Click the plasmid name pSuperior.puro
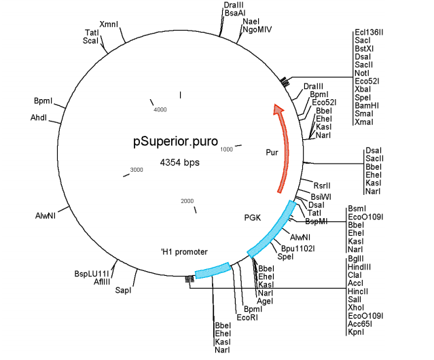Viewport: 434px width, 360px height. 175,142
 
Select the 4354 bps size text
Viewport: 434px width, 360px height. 179,163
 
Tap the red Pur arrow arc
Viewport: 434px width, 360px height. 286,149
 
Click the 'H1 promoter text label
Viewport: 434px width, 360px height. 184,251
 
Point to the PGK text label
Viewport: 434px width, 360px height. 253,218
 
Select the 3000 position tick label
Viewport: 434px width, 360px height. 137,169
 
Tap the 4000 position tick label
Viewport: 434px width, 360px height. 160,109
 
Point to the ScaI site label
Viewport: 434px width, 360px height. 90,41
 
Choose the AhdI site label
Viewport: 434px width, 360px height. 39,118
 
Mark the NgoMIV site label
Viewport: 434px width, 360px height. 257,30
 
